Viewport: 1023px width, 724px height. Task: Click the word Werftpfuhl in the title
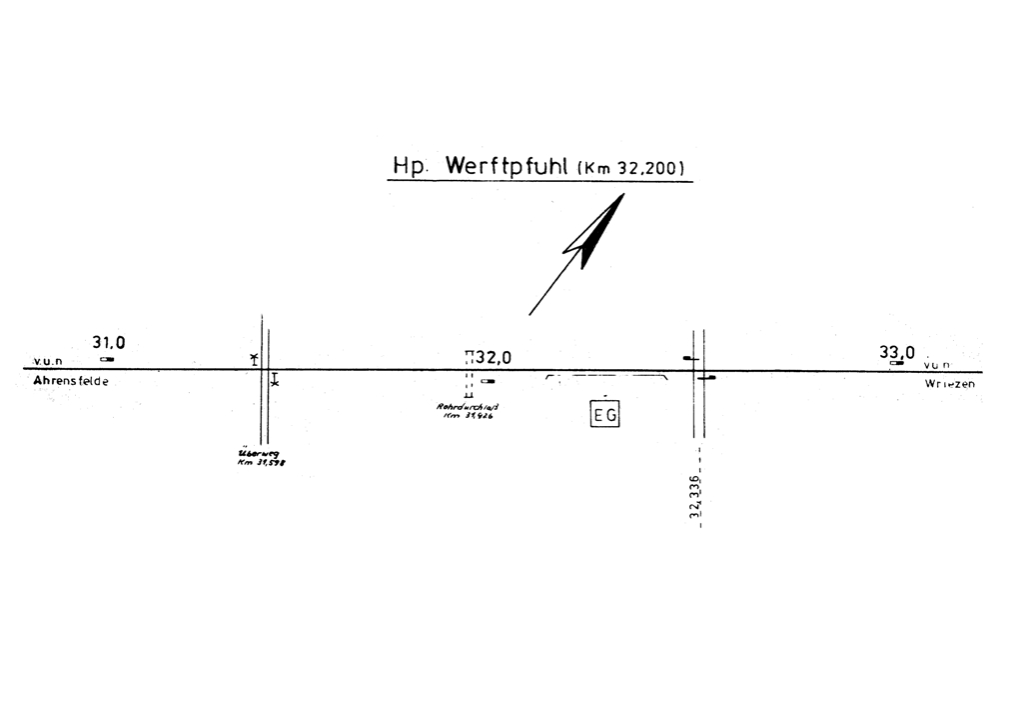[x=508, y=167]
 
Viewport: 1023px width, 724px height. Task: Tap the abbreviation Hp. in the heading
[x=411, y=168]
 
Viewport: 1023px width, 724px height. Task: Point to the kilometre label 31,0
[x=109, y=343]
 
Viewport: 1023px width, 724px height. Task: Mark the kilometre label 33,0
[x=896, y=352]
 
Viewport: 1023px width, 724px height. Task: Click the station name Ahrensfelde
[x=71, y=382]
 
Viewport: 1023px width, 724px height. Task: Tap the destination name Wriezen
[x=949, y=384]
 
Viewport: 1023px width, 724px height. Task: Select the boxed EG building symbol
[x=605, y=414]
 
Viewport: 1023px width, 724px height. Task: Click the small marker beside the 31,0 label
[x=107, y=359]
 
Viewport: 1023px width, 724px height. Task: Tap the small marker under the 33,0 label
[x=896, y=364]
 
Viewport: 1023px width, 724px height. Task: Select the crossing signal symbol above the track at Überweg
[x=254, y=358]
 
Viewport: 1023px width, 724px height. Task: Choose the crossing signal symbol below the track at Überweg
[x=275, y=380]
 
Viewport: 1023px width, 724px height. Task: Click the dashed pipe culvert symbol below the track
[x=469, y=385]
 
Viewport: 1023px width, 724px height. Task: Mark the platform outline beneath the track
[x=606, y=378]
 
